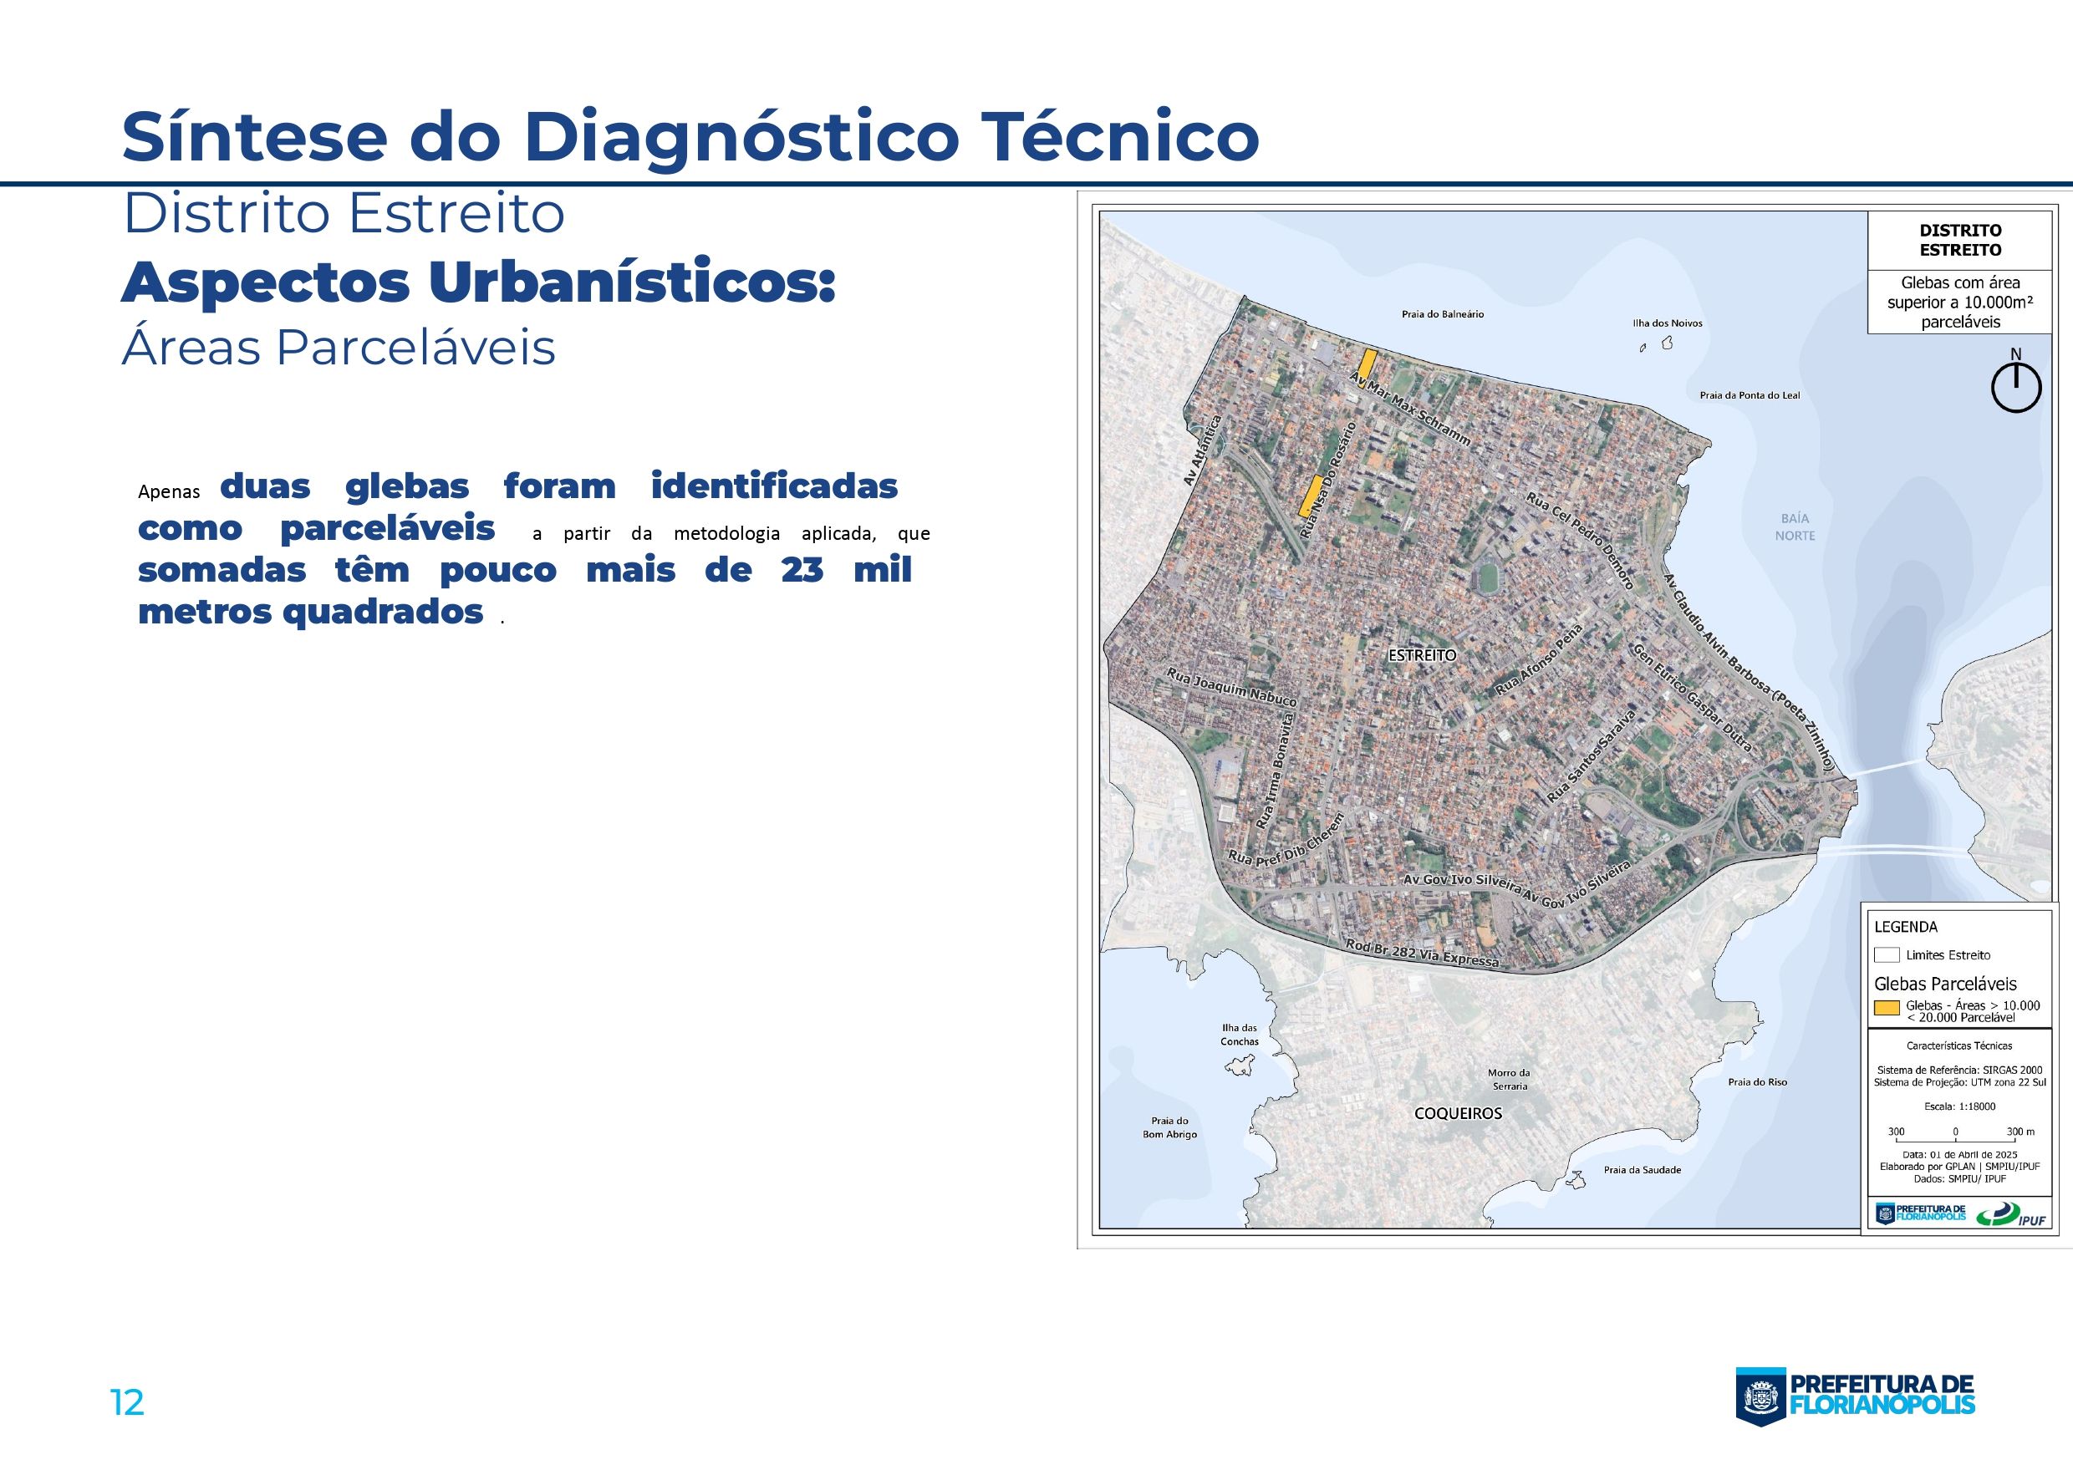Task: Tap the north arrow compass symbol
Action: coord(2015,388)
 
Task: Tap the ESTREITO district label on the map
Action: coord(1422,655)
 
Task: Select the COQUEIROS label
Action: coord(1457,1113)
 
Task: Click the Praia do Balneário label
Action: coord(1442,314)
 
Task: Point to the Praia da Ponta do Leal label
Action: coord(1749,395)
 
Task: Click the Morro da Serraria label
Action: coord(1509,1080)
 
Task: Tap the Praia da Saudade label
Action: coord(1642,1170)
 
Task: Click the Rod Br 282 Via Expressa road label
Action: coord(1421,953)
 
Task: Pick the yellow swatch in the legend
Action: coord(1886,1008)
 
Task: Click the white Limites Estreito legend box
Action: coord(1886,955)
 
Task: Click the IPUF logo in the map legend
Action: coord(2008,1214)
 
